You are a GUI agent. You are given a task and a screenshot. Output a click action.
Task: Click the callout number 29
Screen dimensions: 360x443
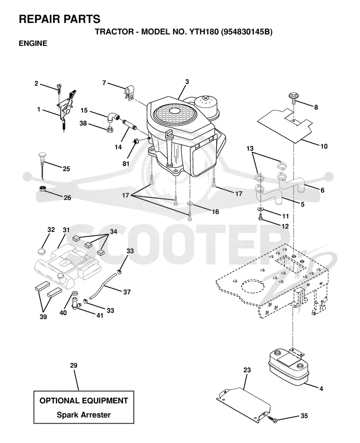(x=74, y=365)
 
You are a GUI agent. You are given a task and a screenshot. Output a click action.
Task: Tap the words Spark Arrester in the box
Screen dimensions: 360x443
(x=84, y=415)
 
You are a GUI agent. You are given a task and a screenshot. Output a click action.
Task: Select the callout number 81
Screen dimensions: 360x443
(x=126, y=163)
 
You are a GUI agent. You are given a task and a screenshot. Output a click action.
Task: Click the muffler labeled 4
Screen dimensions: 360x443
(x=288, y=367)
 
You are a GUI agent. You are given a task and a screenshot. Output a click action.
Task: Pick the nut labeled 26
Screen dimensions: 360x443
(x=42, y=189)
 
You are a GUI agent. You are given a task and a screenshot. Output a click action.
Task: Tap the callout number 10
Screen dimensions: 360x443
(x=324, y=146)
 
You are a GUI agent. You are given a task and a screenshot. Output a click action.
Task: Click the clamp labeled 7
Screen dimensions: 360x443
(x=128, y=92)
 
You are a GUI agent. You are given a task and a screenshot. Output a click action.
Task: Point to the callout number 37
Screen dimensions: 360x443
(x=127, y=292)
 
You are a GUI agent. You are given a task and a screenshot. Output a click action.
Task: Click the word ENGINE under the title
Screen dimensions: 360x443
(x=33, y=43)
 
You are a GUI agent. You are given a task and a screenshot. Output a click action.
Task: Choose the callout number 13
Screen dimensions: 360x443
(x=250, y=148)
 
